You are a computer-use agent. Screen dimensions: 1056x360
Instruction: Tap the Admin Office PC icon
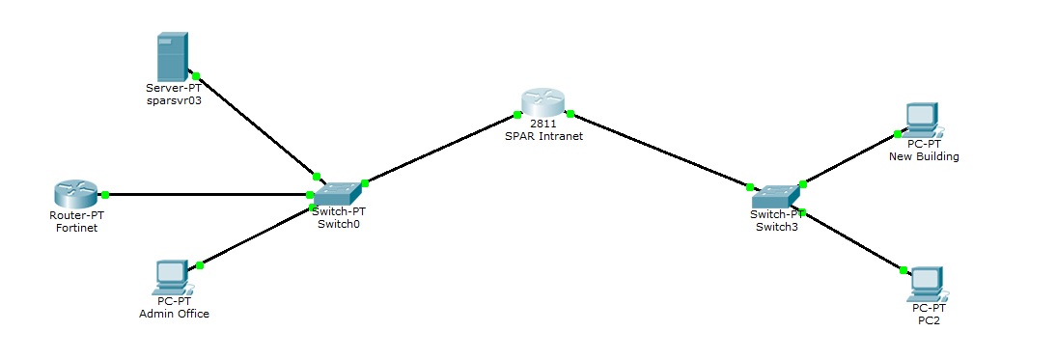171,276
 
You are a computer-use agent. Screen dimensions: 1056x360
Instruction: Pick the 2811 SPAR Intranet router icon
542,103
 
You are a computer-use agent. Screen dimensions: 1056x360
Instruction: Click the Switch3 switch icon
774,195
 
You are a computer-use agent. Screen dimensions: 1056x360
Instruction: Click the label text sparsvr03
174,99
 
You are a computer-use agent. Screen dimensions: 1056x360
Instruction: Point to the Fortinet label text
77,228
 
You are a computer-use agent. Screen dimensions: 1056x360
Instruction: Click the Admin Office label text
174,314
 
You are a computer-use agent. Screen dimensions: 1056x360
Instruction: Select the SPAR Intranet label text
543,136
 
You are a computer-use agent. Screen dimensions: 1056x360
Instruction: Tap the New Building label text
924,156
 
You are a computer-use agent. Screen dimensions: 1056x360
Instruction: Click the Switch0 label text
338,224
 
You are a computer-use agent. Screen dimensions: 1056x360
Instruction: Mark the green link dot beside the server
195,75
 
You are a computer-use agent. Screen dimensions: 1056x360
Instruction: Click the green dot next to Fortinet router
105,194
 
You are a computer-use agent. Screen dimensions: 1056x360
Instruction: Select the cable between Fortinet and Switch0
208,194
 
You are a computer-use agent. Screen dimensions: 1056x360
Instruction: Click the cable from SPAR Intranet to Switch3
659,150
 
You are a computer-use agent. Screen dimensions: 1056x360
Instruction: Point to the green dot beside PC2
903,270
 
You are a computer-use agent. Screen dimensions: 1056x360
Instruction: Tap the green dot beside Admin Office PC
200,264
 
